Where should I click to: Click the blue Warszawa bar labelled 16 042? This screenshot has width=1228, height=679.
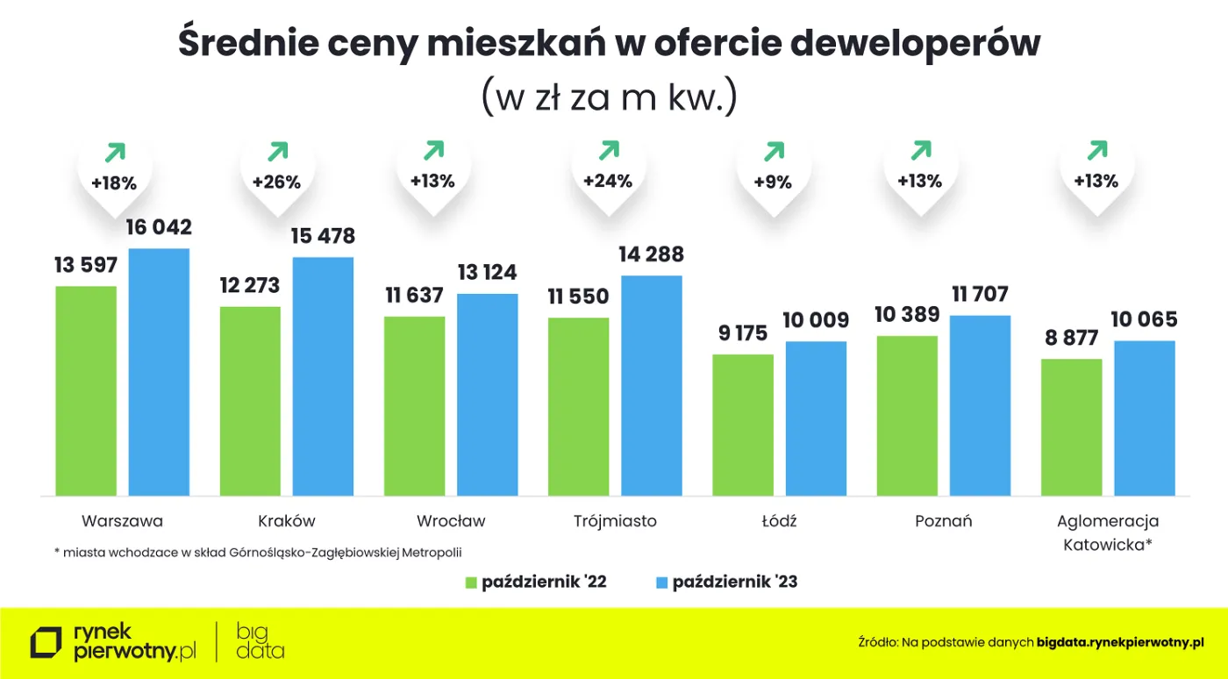point(159,372)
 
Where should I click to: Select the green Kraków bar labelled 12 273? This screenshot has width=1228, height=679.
point(250,401)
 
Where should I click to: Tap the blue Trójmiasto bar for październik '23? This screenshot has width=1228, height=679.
point(652,386)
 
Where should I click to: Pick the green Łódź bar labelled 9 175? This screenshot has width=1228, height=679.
point(743,425)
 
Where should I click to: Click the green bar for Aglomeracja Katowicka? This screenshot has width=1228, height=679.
point(1071,427)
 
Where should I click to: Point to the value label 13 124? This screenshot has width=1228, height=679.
point(488,273)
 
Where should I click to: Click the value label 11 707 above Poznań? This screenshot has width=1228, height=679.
point(980,294)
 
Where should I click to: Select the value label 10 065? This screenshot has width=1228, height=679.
point(1145,319)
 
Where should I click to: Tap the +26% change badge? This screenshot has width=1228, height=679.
point(276,182)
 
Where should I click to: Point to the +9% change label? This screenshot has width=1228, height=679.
point(773,182)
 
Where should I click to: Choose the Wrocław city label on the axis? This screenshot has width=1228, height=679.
point(451,521)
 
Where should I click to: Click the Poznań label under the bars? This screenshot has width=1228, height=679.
point(943,521)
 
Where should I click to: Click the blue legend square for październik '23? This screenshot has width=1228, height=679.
point(661,582)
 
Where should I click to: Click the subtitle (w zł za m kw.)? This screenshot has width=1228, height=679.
point(609,97)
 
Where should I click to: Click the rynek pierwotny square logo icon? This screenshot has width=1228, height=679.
point(46,642)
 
